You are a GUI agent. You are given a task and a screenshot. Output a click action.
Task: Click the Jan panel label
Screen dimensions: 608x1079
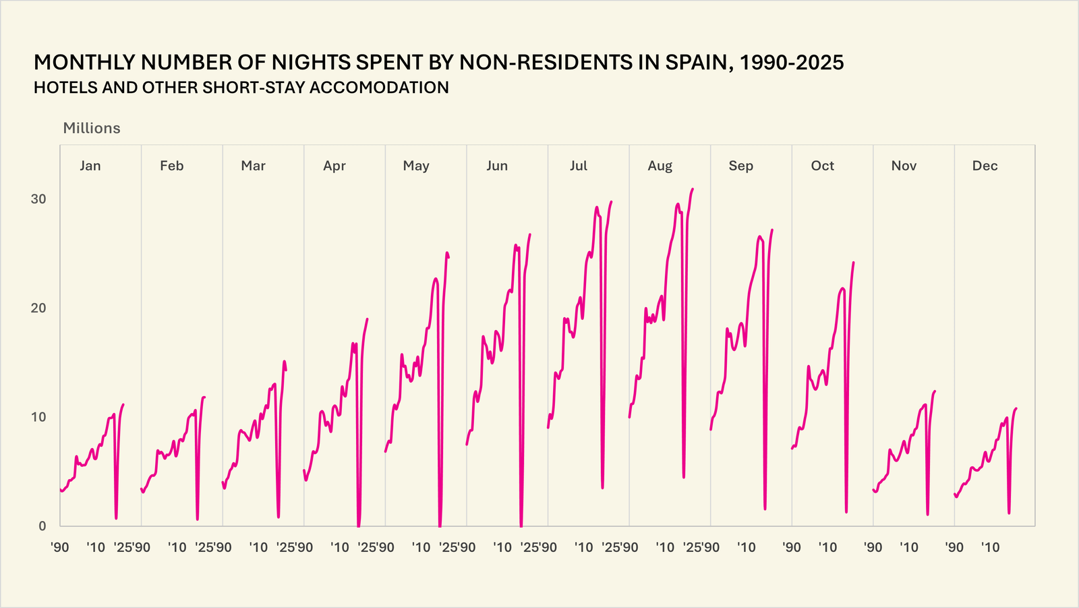click(90, 166)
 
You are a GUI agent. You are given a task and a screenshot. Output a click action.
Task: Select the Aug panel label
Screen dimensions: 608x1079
click(660, 166)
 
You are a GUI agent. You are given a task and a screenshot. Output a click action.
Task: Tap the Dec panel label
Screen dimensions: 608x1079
click(985, 166)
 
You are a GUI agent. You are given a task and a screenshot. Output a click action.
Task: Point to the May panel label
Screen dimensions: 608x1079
click(416, 166)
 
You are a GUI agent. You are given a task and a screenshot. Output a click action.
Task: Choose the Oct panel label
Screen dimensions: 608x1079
click(822, 166)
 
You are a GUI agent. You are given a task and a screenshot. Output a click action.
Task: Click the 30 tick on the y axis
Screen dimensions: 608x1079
click(38, 199)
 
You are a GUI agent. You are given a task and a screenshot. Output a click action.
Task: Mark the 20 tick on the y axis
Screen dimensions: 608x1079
click(38, 308)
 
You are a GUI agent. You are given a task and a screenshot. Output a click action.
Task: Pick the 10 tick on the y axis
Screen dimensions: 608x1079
click(38, 417)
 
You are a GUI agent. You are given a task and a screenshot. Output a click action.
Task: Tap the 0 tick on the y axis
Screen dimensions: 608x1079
click(42, 526)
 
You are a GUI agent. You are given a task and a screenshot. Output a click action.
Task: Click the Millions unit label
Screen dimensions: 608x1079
click(92, 128)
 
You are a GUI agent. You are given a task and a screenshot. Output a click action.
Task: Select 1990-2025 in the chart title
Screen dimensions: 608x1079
click(792, 63)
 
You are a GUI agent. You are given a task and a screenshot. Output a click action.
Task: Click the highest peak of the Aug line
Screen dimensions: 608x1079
click(693, 189)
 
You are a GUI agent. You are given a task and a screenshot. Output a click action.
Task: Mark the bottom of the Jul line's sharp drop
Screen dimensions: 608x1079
click(602, 488)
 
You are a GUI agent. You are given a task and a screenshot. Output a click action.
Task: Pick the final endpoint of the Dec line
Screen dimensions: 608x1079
click(1016, 408)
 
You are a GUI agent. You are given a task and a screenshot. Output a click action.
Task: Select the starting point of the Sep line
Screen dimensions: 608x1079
click(711, 429)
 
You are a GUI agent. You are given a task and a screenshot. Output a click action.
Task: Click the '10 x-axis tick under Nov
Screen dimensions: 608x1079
click(909, 547)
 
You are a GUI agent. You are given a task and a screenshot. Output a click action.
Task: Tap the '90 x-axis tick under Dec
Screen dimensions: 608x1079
click(954, 547)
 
